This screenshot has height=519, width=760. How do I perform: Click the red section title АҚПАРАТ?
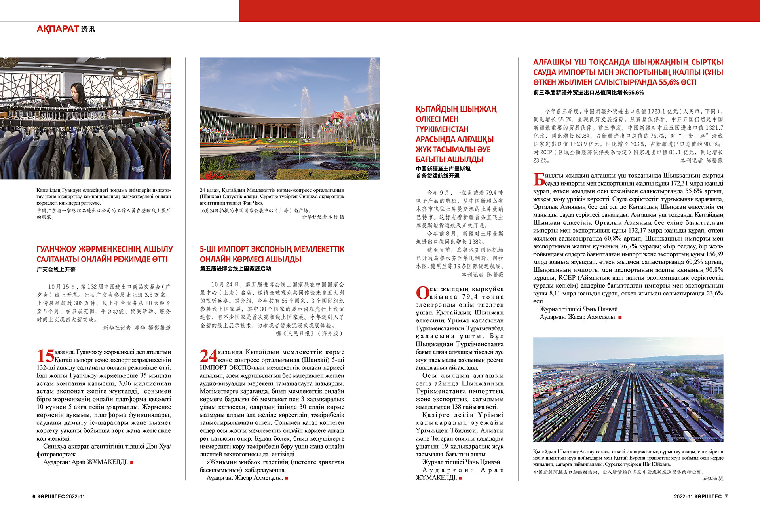(58, 29)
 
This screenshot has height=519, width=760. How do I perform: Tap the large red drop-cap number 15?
(45, 356)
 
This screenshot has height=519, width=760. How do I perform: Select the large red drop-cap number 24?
(208, 356)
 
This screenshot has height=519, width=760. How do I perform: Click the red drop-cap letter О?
(422, 293)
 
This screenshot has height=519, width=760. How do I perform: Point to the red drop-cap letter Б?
(539, 179)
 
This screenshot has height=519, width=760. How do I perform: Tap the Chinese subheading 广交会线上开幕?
(56, 269)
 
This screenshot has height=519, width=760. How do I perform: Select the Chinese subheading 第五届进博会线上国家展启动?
(235, 269)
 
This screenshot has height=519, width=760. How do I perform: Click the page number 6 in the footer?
(34, 496)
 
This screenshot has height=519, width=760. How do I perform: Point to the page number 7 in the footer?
(726, 496)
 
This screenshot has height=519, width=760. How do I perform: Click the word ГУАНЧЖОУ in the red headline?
(56, 249)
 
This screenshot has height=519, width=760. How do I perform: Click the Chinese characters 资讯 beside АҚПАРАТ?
(88, 29)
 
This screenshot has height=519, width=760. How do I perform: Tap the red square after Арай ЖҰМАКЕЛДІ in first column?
(132, 462)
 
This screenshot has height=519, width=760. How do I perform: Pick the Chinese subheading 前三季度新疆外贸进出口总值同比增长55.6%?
(588, 93)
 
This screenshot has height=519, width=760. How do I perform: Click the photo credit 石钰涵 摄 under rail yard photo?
(712, 478)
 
